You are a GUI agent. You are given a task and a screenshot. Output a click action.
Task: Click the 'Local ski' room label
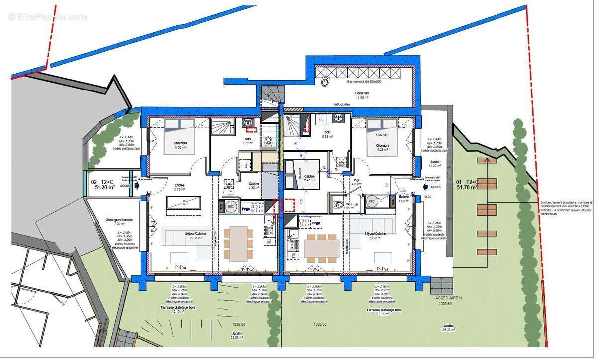[x=361, y=93]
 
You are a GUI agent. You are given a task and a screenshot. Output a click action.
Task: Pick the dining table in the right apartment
[x=322, y=248]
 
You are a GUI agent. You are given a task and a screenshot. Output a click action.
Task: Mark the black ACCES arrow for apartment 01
[x=426, y=187]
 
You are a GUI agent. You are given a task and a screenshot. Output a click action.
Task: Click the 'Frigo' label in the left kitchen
[x=246, y=210]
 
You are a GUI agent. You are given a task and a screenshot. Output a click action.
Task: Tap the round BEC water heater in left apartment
[x=230, y=205]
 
